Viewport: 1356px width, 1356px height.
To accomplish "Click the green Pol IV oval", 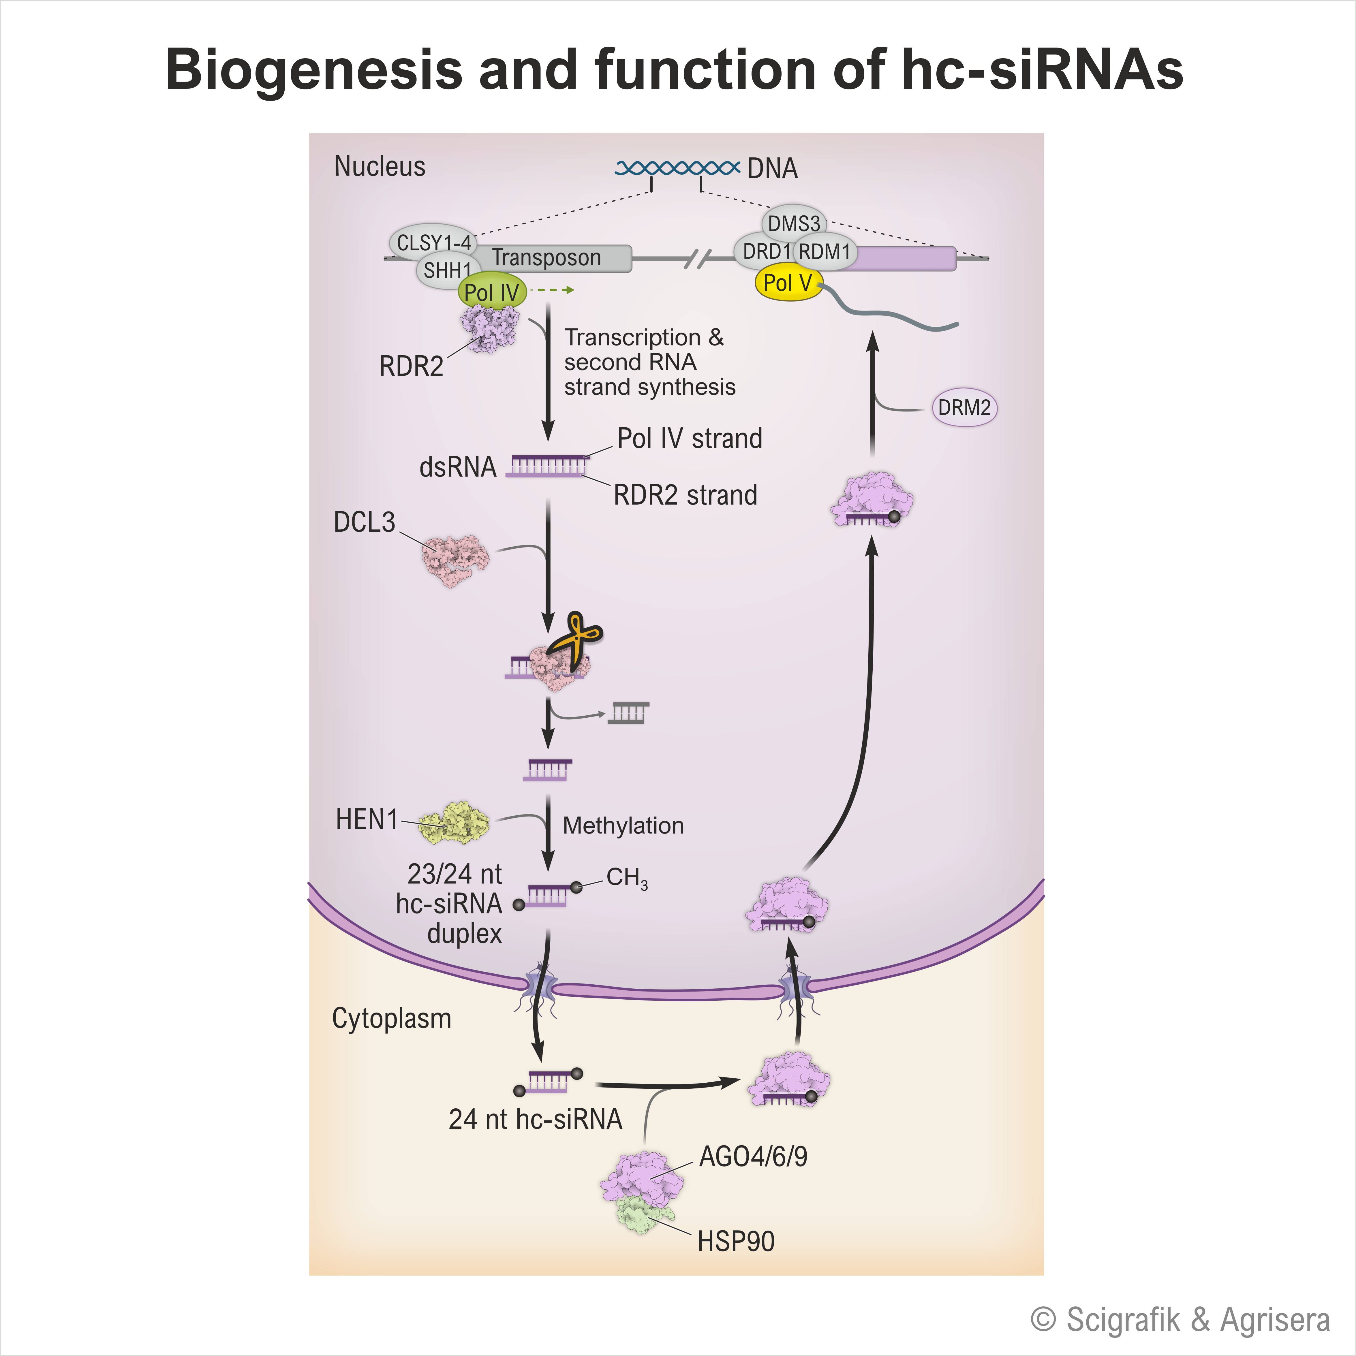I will tap(491, 292).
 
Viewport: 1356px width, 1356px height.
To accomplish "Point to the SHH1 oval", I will tap(447, 270).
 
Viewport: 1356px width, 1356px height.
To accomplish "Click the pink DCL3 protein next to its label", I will tap(455, 560).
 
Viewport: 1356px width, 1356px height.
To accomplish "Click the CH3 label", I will tap(626, 877).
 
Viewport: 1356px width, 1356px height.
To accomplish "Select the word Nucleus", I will tap(380, 166).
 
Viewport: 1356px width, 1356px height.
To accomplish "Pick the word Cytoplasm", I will tap(391, 1018).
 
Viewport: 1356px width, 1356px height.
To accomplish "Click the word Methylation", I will tap(623, 825).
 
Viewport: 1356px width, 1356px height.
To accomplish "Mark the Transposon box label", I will tap(546, 257).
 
